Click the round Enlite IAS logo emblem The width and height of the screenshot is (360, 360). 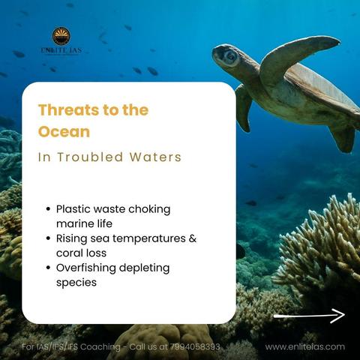pyautogui.click(x=61, y=36)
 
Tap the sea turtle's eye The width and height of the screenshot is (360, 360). pyautogui.click(x=230, y=57)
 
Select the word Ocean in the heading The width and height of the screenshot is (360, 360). pyautogui.click(x=64, y=132)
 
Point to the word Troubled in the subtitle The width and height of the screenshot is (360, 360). pyautogui.click(x=90, y=157)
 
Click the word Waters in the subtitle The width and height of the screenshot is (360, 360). pyautogui.click(x=155, y=157)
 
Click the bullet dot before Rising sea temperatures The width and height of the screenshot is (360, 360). pyautogui.click(x=49, y=238)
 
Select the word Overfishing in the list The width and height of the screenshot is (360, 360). pyautogui.click(x=86, y=268)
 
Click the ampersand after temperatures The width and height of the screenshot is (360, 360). pyautogui.click(x=193, y=238)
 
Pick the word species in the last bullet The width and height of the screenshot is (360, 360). pyautogui.click(x=76, y=283)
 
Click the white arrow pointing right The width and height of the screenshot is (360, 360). pyautogui.click(x=309, y=316)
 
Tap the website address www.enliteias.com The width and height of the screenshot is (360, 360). pyautogui.click(x=305, y=346)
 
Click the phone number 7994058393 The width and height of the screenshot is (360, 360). pyautogui.click(x=195, y=346)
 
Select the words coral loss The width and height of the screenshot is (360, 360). pyautogui.click(x=81, y=253)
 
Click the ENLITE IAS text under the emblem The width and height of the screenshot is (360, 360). pyautogui.click(x=61, y=50)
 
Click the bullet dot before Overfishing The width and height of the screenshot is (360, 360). pyautogui.click(x=49, y=268)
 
